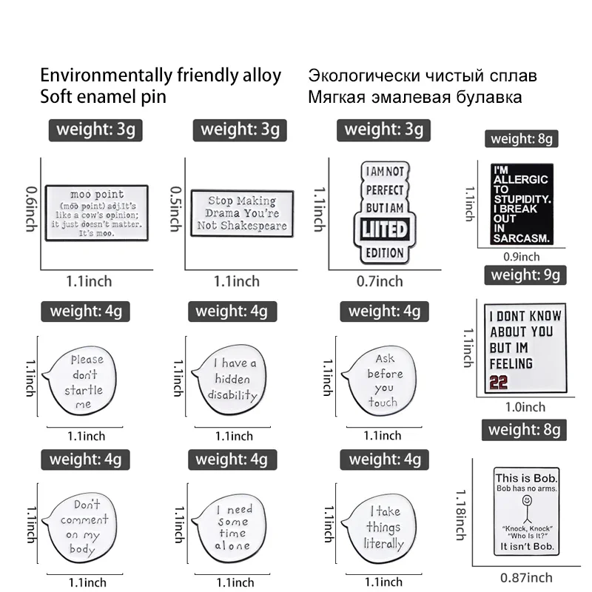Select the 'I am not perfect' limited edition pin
(386, 214)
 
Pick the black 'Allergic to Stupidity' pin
(522, 204)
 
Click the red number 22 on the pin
(499, 382)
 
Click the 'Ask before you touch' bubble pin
(381, 380)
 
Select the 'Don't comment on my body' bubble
(83, 526)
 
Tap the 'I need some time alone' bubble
(232, 527)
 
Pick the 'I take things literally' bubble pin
(381, 528)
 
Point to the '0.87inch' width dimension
(526, 577)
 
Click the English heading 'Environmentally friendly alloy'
(161, 75)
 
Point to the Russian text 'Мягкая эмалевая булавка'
(414, 97)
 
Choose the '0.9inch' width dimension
(521, 257)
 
